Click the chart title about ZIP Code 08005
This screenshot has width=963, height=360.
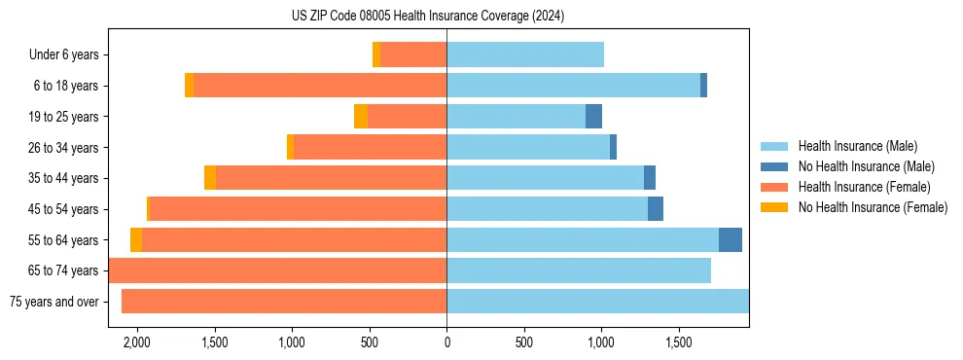coord(427,16)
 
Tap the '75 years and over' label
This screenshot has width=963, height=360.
coord(54,302)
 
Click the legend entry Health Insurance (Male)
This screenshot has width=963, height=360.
coord(857,146)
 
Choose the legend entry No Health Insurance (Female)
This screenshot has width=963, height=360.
coord(873,207)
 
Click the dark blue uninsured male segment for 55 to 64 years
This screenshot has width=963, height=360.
coord(731,239)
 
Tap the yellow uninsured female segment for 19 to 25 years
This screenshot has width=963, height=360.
coord(361,117)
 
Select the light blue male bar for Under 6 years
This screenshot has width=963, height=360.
coord(525,55)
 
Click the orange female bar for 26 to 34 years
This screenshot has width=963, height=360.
coord(370,148)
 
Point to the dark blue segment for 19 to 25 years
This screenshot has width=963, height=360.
coord(593,117)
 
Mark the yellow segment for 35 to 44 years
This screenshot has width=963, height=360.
coord(210,178)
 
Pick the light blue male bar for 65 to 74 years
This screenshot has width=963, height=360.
coord(579,270)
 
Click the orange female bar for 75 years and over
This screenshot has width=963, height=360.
coord(284,302)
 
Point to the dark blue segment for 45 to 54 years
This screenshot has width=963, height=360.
coord(656,209)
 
